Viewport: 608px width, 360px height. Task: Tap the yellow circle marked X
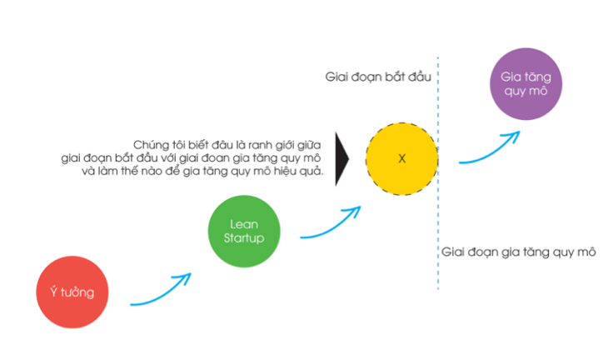coord(401,158)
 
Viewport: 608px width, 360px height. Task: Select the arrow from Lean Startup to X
coord(329,221)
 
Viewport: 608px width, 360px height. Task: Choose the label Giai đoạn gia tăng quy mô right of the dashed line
coord(518,252)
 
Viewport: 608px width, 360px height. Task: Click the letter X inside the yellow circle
coord(401,158)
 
